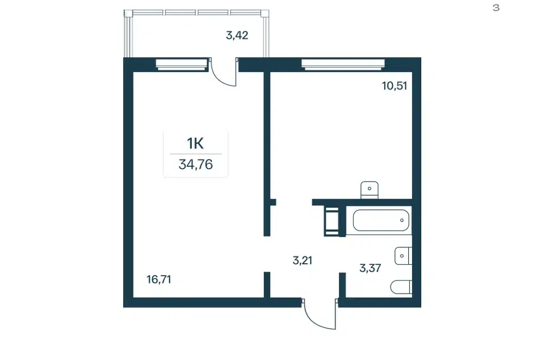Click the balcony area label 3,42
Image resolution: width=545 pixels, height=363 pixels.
click(x=237, y=35)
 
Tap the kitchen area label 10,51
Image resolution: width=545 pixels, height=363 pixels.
click(x=395, y=86)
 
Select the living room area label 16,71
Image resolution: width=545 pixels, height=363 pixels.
click(x=159, y=279)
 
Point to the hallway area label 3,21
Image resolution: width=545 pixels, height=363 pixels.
click(x=303, y=260)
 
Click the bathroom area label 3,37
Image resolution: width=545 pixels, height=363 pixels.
click(x=370, y=268)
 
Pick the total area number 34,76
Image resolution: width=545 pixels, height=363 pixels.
click(x=196, y=164)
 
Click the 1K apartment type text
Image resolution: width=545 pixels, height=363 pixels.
click(x=195, y=143)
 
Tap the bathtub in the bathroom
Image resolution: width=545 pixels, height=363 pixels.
click(x=381, y=220)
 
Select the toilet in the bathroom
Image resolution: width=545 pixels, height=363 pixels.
click(x=401, y=287)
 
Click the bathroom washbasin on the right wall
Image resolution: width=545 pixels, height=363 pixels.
click(x=403, y=256)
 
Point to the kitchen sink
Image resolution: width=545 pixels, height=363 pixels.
click(x=370, y=190)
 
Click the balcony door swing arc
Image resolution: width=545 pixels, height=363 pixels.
click(x=221, y=77)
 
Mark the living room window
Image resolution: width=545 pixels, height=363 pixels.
click(x=182, y=64)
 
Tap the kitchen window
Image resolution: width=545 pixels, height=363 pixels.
click(x=343, y=64)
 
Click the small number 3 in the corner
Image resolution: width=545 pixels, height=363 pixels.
click(x=496, y=7)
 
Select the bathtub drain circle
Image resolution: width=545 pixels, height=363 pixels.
click(x=402, y=220)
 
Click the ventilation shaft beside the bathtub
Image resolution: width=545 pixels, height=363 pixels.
click(x=332, y=221)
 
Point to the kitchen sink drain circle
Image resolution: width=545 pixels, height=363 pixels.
click(x=370, y=189)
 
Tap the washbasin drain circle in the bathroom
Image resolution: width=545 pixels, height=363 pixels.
click(x=402, y=256)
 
